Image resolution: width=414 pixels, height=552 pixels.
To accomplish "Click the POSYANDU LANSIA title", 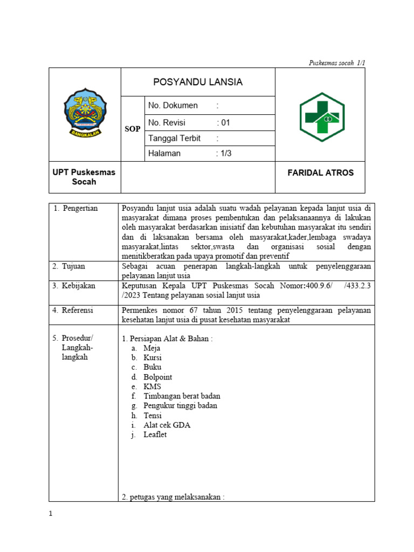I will (x=198, y=82).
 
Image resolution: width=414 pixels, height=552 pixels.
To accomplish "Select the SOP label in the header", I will (x=133, y=129).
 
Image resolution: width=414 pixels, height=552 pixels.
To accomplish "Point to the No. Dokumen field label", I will (x=172, y=106).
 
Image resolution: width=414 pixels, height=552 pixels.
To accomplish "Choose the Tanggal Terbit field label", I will (x=174, y=138).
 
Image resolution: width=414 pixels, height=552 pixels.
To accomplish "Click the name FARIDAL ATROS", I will (x=320, y=173).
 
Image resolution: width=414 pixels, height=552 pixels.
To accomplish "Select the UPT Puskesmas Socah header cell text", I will (x=85, y=177).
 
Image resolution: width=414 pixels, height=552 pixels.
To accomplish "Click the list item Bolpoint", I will (x=158, y=377).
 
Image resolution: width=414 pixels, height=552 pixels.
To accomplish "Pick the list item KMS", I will (x=152, y=387).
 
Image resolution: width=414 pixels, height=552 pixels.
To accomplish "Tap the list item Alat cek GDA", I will (x=167, y=425).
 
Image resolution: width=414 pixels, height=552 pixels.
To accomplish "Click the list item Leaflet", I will (x=155, y=434).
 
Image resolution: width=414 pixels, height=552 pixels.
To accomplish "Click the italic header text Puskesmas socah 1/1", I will (x=337, y=63).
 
